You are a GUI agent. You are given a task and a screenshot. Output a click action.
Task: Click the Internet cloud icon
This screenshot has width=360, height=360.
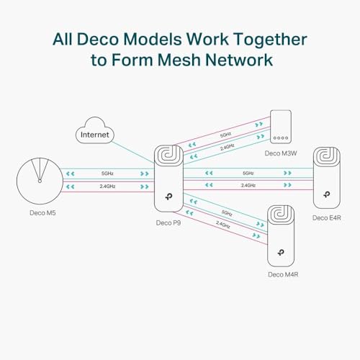click(x=96, y=134)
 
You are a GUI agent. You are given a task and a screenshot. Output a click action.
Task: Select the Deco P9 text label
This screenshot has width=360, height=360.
click(x=169, y=222)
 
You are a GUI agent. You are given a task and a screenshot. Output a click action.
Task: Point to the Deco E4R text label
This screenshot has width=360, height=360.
click(x=325, y=217)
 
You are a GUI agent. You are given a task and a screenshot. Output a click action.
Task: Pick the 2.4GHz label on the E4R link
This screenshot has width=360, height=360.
click(x=248, y=186)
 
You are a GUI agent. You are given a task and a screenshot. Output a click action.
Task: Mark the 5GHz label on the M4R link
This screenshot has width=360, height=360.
click(x=227, y=213)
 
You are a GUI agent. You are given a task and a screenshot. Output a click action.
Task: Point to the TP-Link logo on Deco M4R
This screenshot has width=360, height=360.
click(x=282, y=254)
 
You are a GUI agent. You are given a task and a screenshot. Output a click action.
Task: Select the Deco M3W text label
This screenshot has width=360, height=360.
click(x=282, y=153)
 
